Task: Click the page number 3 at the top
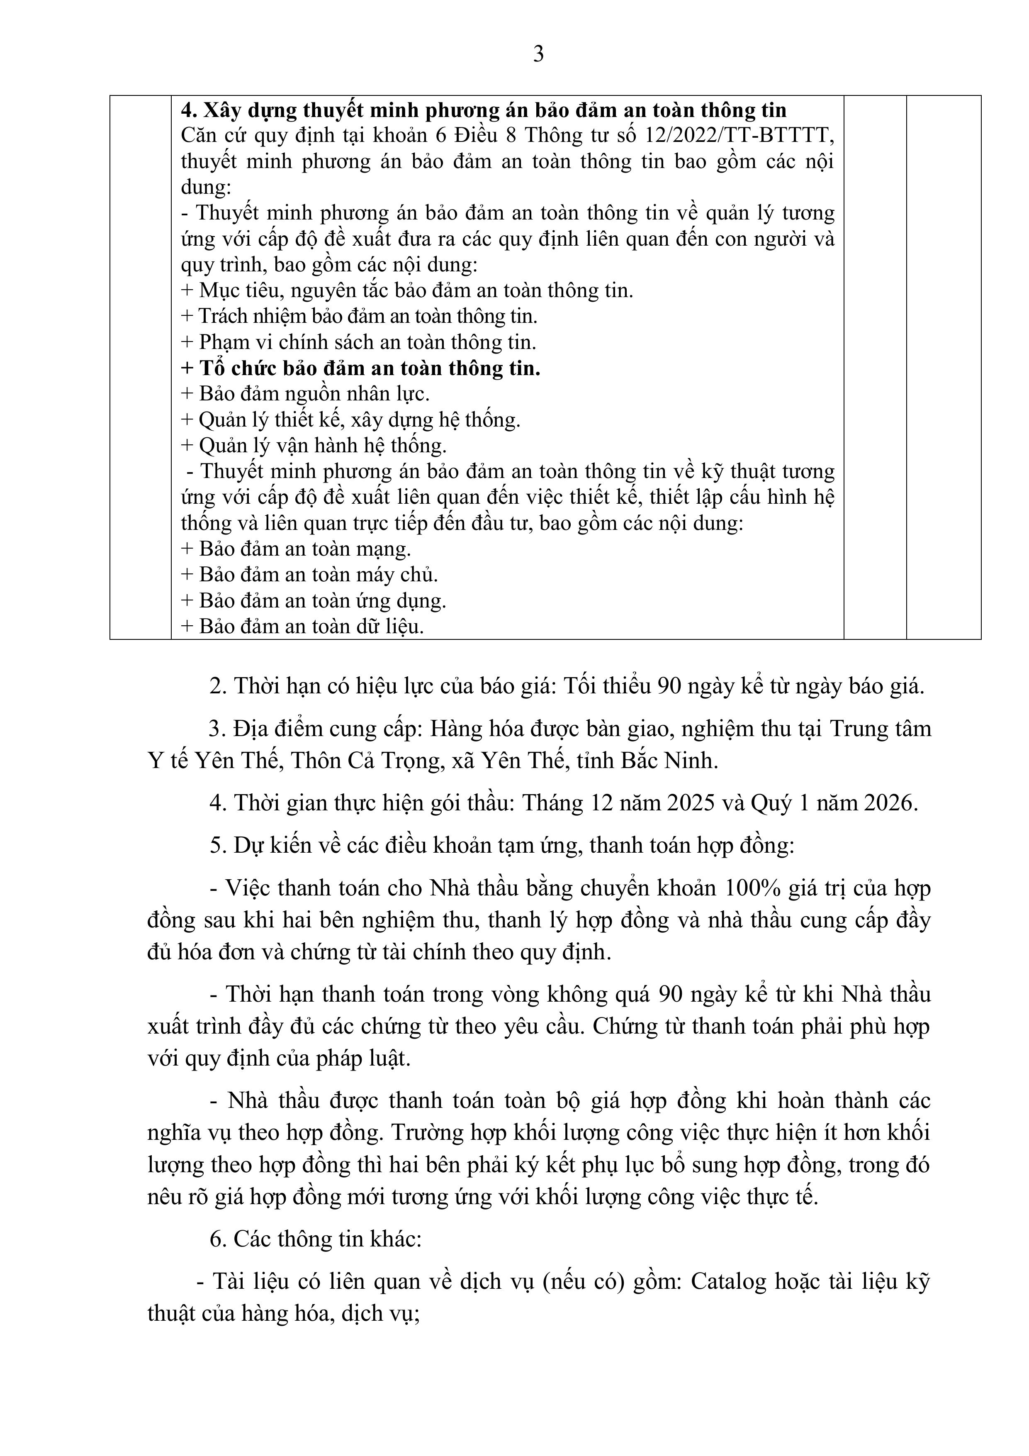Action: [x=538, y=54]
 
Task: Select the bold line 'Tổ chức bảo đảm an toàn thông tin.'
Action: [x=361, y=368]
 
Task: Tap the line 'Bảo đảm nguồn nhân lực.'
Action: [x=306, y=394]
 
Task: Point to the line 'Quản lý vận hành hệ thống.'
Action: [x=314, y=446]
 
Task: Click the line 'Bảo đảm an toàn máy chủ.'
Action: [x=309, y=575]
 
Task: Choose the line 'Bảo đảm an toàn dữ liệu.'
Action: [x=302, y=627]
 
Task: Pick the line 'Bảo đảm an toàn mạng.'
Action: [x=296, y=549]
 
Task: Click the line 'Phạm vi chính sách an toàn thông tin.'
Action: [x=359, y=342]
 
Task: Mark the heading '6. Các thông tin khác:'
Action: [x=315, y=1239]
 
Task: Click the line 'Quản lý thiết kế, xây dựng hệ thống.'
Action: [x=350, y=420]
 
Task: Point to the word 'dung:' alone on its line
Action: [x=206, y=188]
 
